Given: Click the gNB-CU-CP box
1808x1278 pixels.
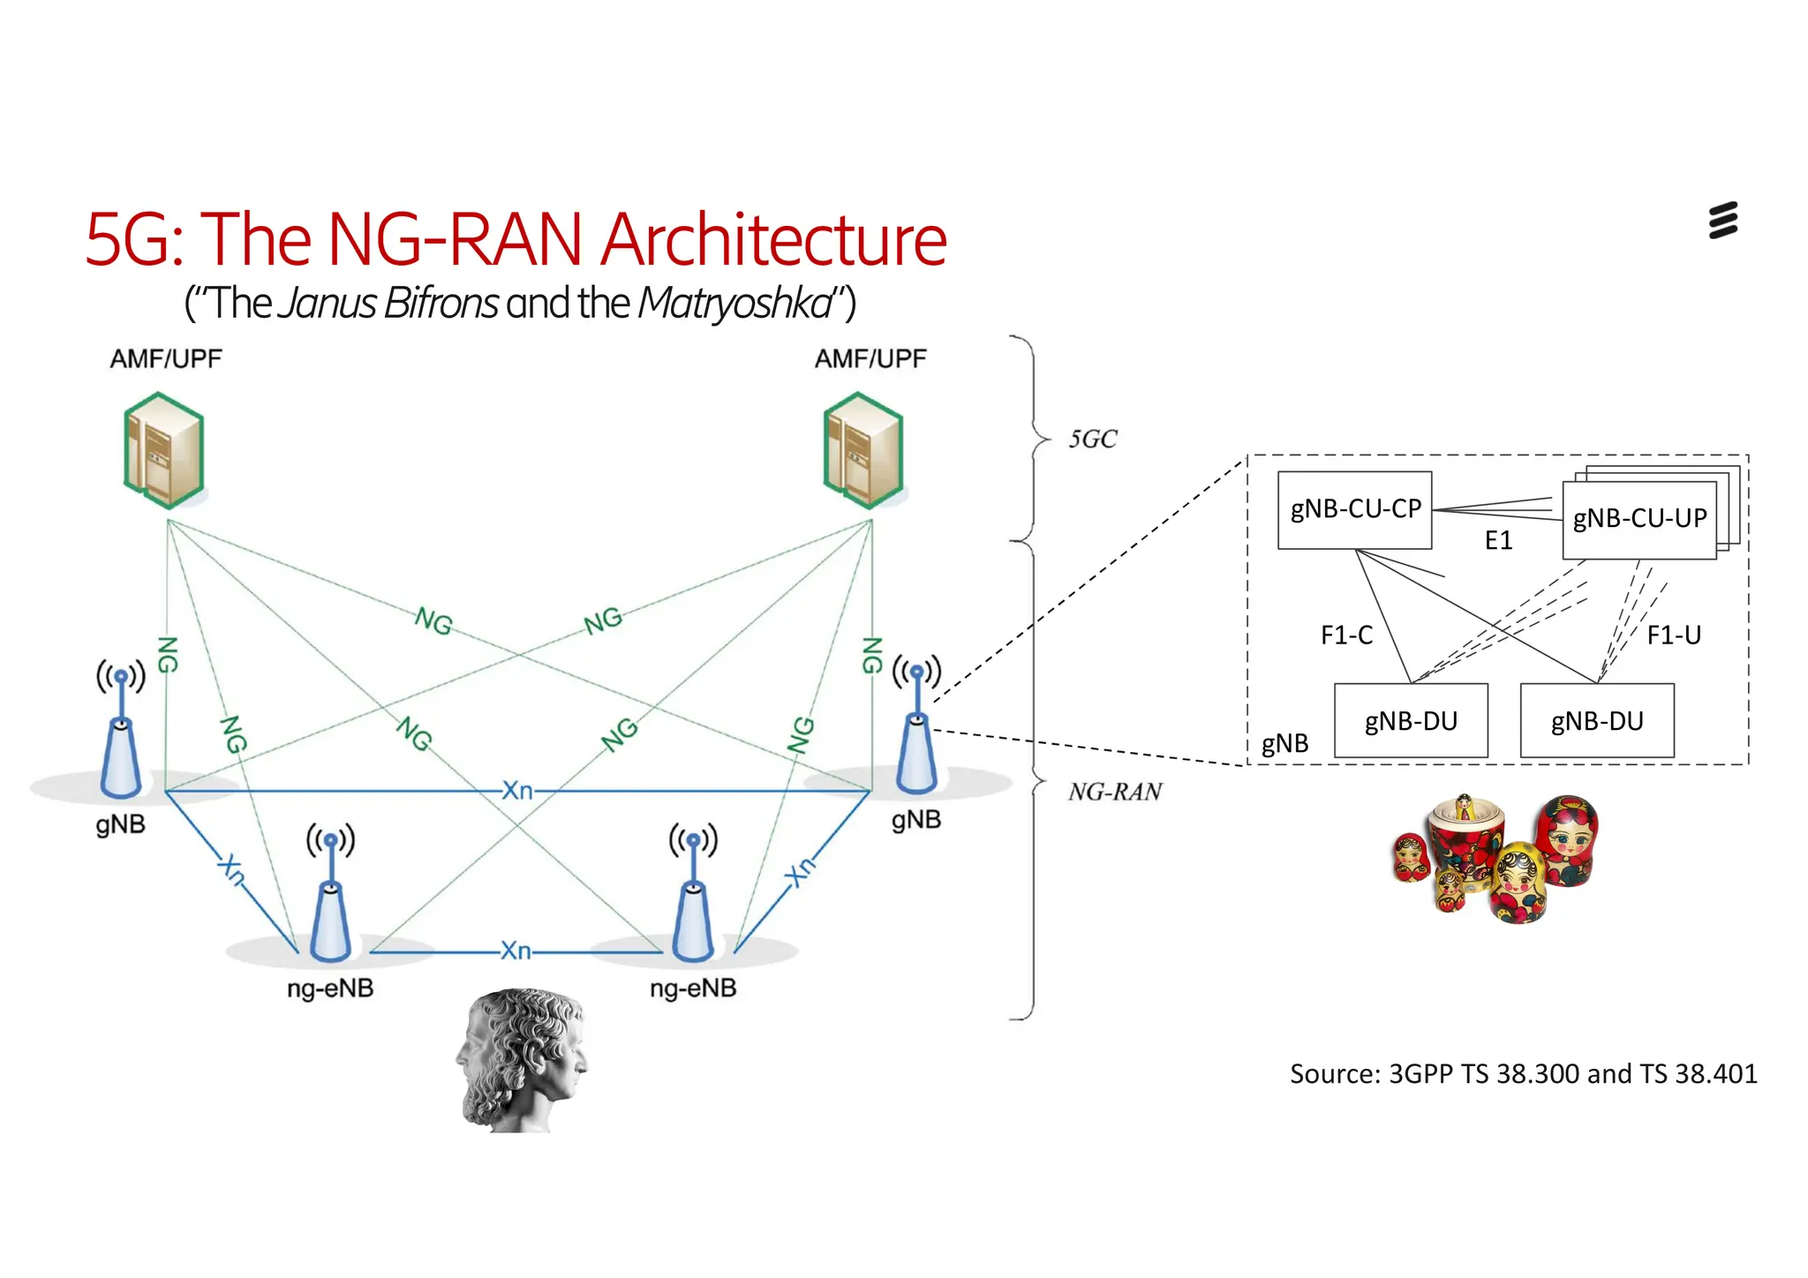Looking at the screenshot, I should pyautogui.click(x=1354, y=510).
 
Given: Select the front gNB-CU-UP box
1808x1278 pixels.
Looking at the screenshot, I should pyautogui.click(x=1638, y=520).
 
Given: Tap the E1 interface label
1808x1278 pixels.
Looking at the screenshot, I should pyautogui.click(x=1498, y=540).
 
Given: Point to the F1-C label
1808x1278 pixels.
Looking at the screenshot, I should pyautogui.click(x=1346, y=635).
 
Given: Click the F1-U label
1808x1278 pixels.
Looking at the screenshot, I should pyautogui.click(x=1673, y=635).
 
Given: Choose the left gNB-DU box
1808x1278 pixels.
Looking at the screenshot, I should pyautogui.click(x=1411, y=721).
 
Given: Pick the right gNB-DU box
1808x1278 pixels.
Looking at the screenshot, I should pyautogui.click(x=1596, y=721).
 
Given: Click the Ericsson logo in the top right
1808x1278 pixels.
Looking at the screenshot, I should pyautogui.click(x=1722, y=221).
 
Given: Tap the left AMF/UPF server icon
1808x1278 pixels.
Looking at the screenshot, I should pyautogui.click(x=164, y=451).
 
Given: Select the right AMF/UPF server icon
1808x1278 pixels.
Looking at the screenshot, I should pyautogui.click(x=863, y=451).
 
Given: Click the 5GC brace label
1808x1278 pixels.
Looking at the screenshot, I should pyautogui.click(x=1093, y=439).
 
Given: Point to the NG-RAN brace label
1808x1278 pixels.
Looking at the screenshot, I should pyautogui.click(x=1115, y=792).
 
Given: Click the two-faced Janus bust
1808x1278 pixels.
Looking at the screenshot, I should pyautogui.click(x=523, y=1059).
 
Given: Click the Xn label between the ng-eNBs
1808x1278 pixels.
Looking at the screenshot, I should pyautogui.click(x=516, y=951).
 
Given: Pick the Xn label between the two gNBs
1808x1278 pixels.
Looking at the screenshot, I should pyautogui.click(x=517, y=790).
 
